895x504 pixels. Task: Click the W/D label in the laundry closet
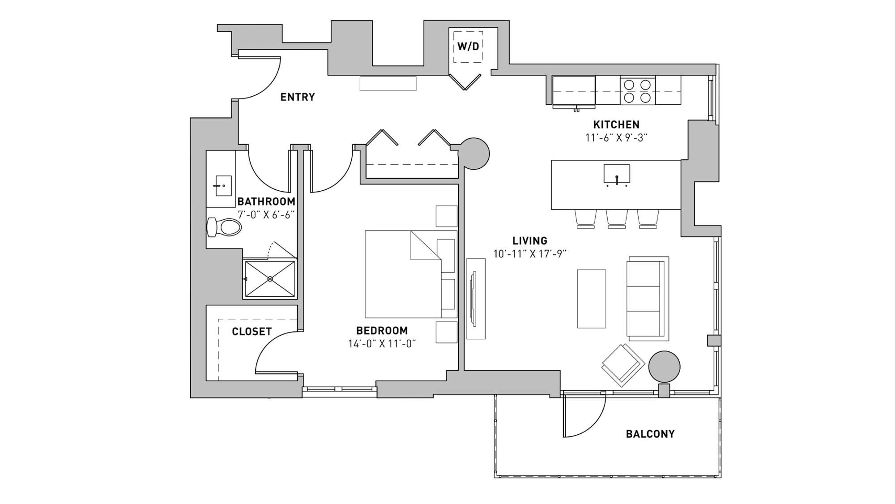tap(468, 47)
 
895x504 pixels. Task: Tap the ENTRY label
tap(298, 97)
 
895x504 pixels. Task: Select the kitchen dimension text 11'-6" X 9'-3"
tap(616, 138)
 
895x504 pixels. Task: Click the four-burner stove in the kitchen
tap(637, 90)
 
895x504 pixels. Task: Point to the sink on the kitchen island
tap(617, 174)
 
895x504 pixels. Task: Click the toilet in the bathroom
tap(224, 227)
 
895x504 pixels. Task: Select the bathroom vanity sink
tap(223, 185)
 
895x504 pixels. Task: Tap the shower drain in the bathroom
tap(270, 279)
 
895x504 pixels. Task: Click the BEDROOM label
tap(382, 331)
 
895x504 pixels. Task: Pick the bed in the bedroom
tap(403, 274)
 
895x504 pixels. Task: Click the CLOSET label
tap(251, 332)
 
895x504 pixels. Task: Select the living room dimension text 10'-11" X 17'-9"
tap(530, 254)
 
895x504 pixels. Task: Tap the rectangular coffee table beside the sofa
tap(591, 299)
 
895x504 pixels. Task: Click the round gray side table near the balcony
tap(664, 367)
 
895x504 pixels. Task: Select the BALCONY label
tap(650, 434)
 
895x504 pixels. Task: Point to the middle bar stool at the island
tap(617, 218)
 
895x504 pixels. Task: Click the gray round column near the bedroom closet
tap(474, 154)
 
